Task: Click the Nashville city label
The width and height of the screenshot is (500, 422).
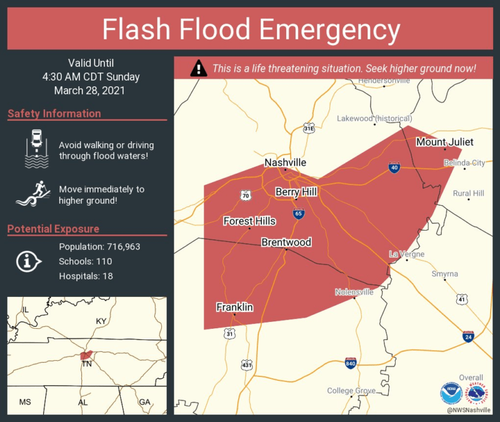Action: pos(285,163)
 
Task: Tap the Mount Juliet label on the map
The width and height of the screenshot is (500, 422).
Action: pos(444,142)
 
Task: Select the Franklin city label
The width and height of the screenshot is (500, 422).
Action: pos(234,307)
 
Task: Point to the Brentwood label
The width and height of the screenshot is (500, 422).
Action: pos(286,242)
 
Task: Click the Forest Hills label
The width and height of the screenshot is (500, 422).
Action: pos(249,221)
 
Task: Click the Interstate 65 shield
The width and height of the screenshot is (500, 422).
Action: pos(299,214)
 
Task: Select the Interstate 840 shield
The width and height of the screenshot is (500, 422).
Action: pos(351,363)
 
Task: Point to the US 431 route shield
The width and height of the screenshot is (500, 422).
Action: pos(246,364)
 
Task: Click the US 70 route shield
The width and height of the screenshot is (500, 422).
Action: pos(246,196)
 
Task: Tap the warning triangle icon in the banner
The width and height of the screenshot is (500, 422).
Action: pos(199,68)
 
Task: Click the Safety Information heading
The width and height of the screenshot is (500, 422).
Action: pos(54,114)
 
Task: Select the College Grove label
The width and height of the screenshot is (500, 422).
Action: pos(351,391)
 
